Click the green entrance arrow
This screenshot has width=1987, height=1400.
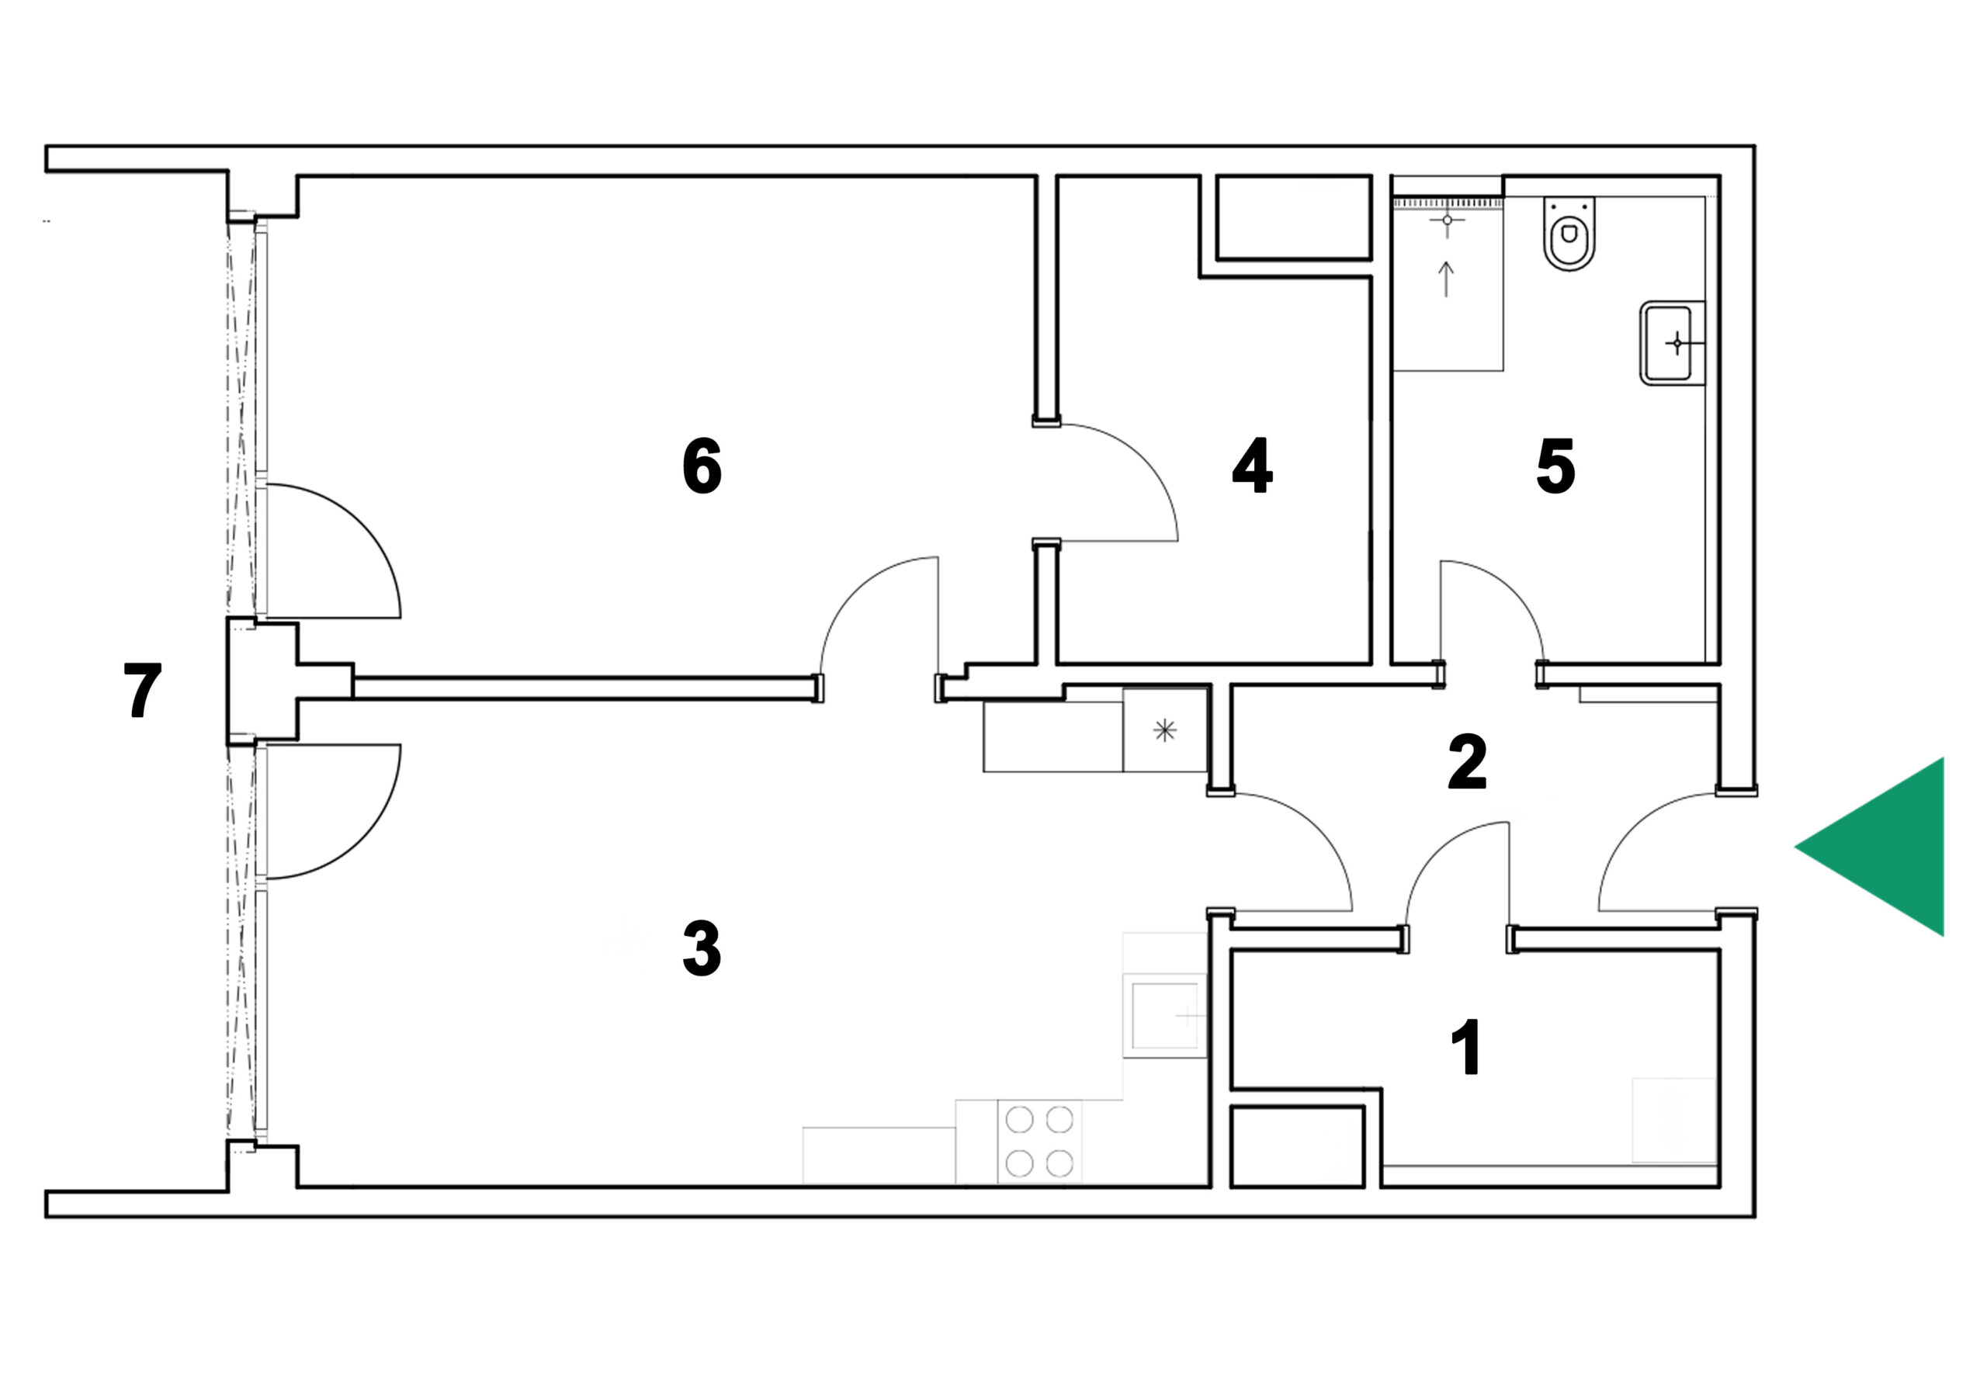[1891, 847]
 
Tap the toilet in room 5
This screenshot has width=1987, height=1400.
[1569, 233]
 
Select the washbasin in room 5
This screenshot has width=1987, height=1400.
[1672, 343]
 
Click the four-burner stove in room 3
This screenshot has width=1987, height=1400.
[1039, 1142]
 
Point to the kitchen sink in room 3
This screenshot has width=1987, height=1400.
[1165, 1016]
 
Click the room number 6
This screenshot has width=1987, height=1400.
[702, 466]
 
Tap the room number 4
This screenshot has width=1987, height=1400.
[1252, 466]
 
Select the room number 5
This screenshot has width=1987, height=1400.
[1556, 466]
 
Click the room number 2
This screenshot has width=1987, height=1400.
[1468, 761]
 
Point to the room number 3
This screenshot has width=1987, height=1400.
[702, 948]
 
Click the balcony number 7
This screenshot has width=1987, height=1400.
[143, 690]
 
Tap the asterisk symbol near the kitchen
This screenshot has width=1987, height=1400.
[1165, 730]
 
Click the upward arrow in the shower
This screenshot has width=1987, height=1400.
[1446, 279]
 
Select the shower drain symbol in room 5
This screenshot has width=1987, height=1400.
[1447, 220]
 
